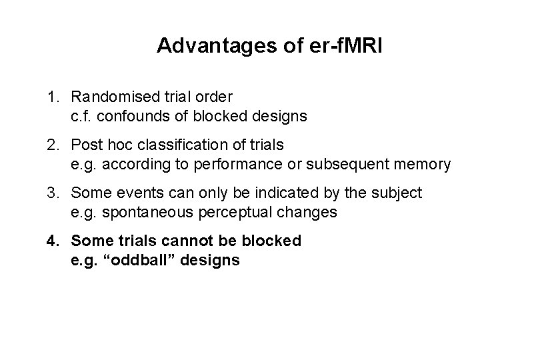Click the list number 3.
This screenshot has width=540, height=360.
52,194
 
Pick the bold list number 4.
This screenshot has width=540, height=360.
52,241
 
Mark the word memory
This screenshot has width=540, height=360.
427,163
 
